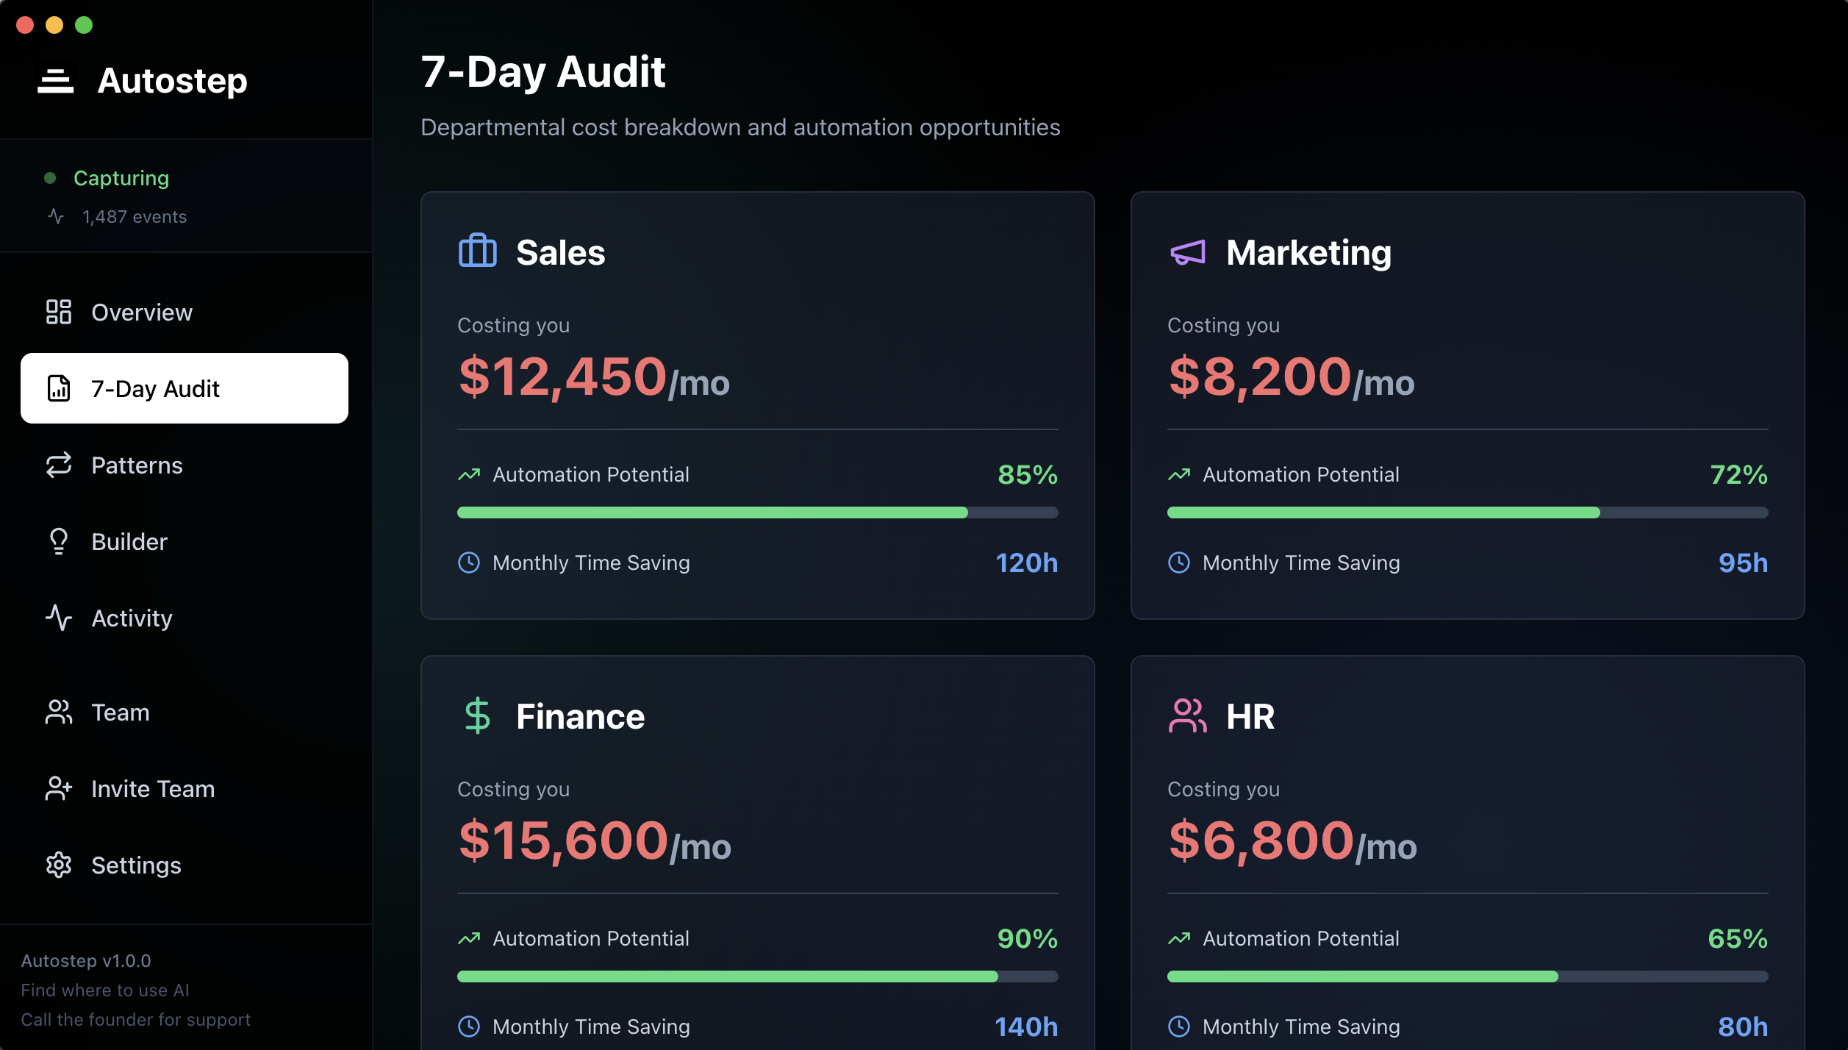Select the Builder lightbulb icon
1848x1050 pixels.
(x=59, y=542)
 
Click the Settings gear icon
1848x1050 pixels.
(x=59, y=865)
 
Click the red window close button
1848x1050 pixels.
(x=25, y=25)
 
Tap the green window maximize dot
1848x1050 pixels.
(x=84, y=25)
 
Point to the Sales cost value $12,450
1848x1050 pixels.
(x=562, y=376)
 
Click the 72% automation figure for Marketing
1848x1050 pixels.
(x=1738, y=475)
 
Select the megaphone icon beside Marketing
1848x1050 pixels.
(x=1188, y=253)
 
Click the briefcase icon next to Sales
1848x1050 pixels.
(x=478, y=251)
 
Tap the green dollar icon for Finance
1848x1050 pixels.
(x=478, y=715)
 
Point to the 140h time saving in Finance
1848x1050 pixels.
(x=1026, y=1026)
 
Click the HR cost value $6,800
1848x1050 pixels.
(x=1261, y=840)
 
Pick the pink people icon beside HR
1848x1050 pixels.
(x=1188, y=715)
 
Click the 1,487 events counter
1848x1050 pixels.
(x=135, y=217)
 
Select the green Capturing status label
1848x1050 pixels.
(x=121, y=178)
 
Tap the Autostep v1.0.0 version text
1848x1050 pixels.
(x=86, y=961)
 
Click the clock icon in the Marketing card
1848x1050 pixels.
(x=1179, y=562)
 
